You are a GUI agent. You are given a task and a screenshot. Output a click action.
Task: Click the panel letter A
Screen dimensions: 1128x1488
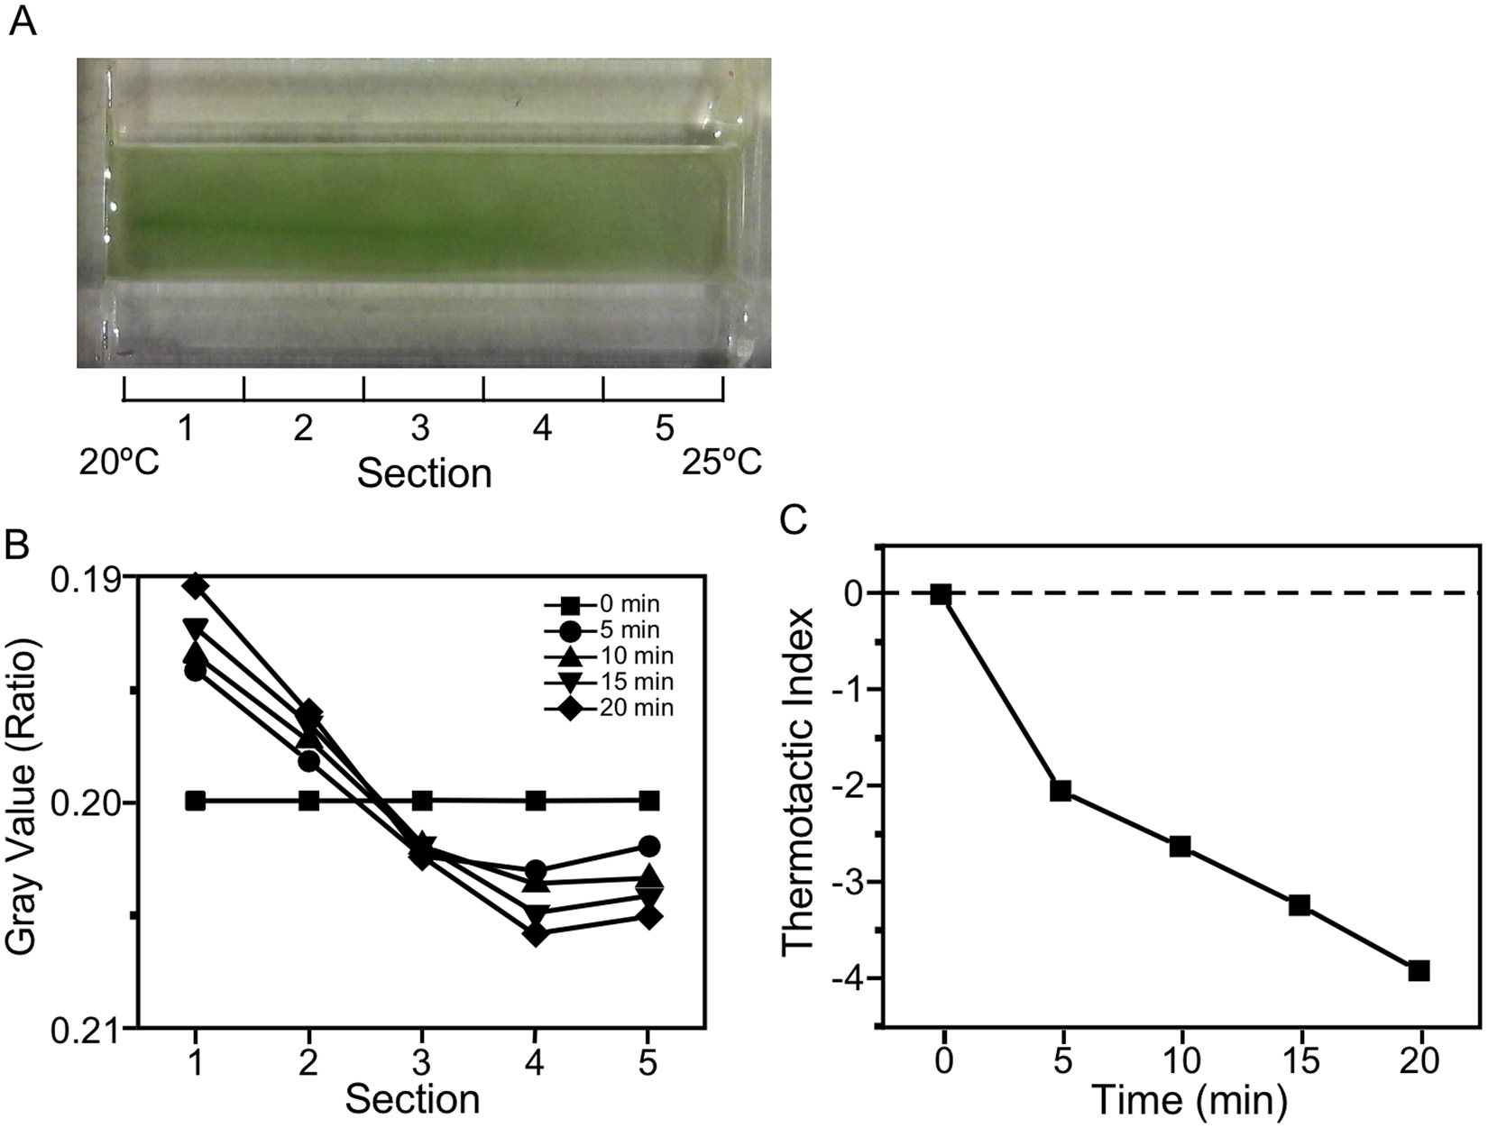click(x=23, y=21)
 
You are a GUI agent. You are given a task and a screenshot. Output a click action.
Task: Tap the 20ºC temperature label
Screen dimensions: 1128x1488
click(x=120, y=463)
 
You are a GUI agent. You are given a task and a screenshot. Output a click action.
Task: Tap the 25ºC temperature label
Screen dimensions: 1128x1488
click(x=721, y=463)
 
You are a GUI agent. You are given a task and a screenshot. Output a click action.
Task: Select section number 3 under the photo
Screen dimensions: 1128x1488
click(x=420, y=429)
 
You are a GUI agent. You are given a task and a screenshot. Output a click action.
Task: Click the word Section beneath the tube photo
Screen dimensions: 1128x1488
click(x=424, y=472)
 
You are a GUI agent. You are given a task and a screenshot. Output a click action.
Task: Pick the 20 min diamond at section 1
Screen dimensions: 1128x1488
click(x=196, y=587)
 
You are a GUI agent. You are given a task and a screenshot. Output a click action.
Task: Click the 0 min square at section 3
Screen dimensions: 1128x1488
click(x=421, y=801)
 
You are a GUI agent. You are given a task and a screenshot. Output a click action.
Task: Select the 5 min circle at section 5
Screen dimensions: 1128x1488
click(x=648, y=846)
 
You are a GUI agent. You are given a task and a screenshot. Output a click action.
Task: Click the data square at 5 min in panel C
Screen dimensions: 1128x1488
click(x=1061, y=791)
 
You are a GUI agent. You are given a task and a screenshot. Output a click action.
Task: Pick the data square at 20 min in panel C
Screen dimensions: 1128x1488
click(x=1419, y=970)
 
